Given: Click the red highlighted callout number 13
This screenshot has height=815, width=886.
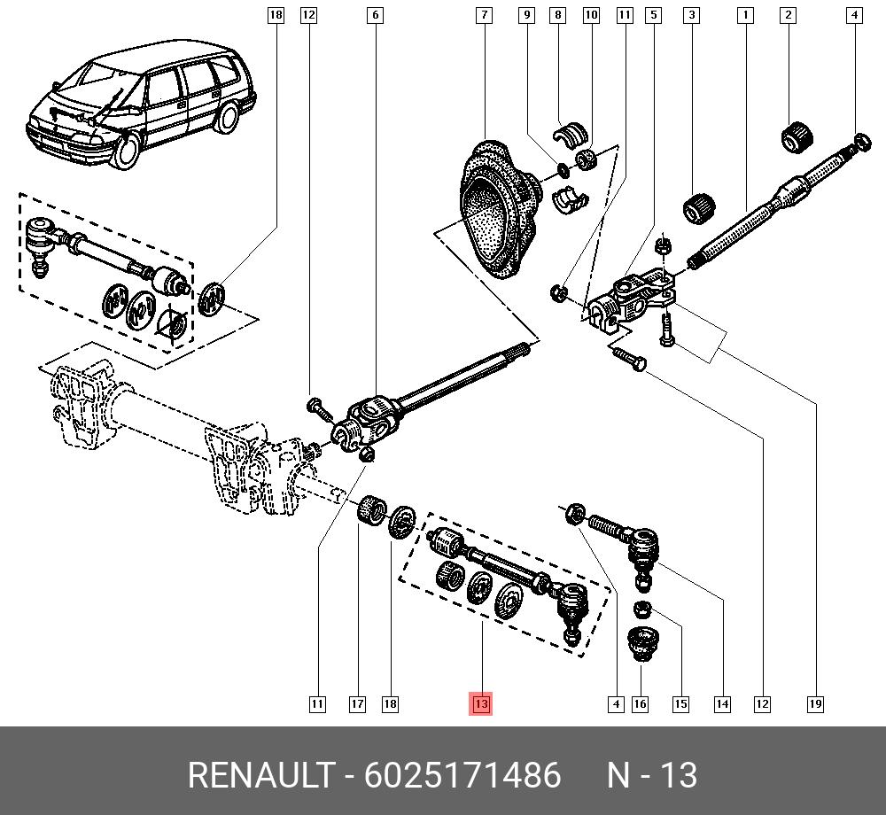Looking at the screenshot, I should point(480,704).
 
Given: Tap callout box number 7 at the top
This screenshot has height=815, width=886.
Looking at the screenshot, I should point(484,15).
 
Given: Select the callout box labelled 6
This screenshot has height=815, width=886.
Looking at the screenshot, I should point(376,15).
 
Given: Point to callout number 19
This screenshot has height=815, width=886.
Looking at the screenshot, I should point(815,704).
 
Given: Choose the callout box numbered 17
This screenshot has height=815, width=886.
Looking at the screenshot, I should point(356,704).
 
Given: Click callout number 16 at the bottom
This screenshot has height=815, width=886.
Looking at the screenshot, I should point(640,704).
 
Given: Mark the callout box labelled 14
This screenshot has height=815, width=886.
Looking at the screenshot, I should point(722,704).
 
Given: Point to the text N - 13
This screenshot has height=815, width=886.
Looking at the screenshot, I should point(651,775).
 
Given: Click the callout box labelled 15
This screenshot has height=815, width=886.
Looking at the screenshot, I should point(680,704).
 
